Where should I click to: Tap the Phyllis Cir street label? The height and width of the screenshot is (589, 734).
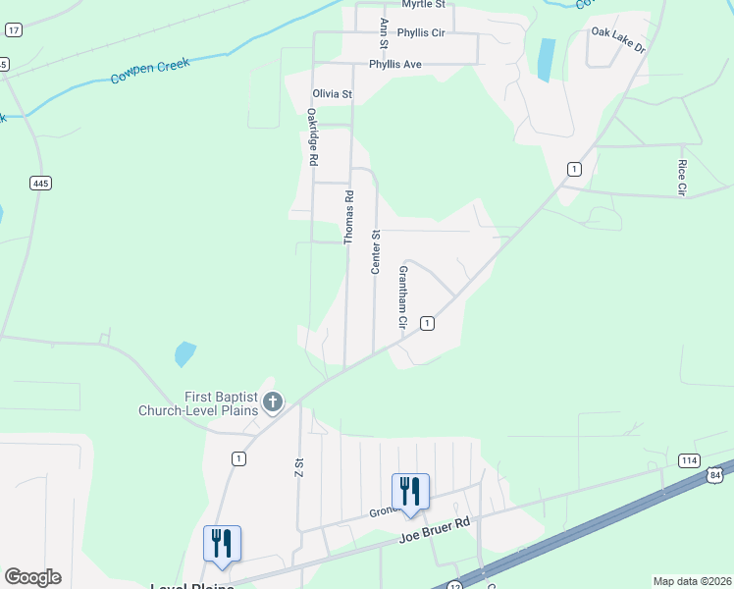(x=420, y=32)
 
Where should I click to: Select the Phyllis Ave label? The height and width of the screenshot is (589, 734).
(x=394, y=65)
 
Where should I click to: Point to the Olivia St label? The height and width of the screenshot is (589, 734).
(x=332, y=94)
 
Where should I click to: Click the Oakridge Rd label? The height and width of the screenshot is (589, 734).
(x=312, y=138)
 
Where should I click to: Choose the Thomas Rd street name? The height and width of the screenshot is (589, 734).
(x=348, y=218)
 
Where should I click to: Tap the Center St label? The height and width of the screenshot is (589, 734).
(x=374, y=251)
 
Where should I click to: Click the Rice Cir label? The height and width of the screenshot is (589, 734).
(x=682, y=177)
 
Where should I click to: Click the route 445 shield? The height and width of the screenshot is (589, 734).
(x=40, y=184)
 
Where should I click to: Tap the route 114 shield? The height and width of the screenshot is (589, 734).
(x=689, y=460)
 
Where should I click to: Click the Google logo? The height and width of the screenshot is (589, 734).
(x=32, y=577)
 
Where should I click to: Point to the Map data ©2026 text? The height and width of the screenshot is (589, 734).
(x=692, y=581)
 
